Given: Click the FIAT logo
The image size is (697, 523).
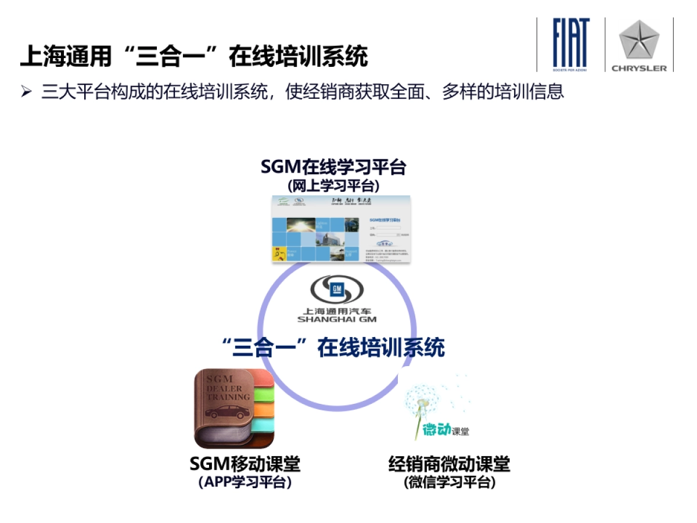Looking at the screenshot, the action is coord(571,42).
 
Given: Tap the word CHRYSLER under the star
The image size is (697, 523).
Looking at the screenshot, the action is coord(639,68).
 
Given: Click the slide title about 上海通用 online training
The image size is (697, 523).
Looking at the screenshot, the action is coord(194,57).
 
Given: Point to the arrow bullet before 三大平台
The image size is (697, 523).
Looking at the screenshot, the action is coord(26,92).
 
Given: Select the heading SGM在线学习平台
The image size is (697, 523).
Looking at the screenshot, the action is coord(333,167).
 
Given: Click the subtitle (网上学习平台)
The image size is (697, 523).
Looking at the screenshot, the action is coord(333,186).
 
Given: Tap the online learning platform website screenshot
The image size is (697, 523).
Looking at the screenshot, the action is coord(342,230).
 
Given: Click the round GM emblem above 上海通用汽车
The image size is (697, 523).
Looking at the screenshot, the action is coord(337,289).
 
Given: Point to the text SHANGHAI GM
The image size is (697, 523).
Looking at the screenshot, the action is coord(337,319).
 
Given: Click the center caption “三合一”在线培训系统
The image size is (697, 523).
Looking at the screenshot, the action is coord(333,348).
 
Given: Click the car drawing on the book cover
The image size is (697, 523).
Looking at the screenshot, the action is coord(228,412).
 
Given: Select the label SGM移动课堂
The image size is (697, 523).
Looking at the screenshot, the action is coord(245,464).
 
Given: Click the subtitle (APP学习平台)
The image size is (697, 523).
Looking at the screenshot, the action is coord(245,482).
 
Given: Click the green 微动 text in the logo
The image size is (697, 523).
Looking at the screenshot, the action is coord(436,429).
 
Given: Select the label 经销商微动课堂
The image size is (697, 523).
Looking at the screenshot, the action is coord(449,464).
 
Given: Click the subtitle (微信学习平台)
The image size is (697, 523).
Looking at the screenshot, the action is coord(449,482).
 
